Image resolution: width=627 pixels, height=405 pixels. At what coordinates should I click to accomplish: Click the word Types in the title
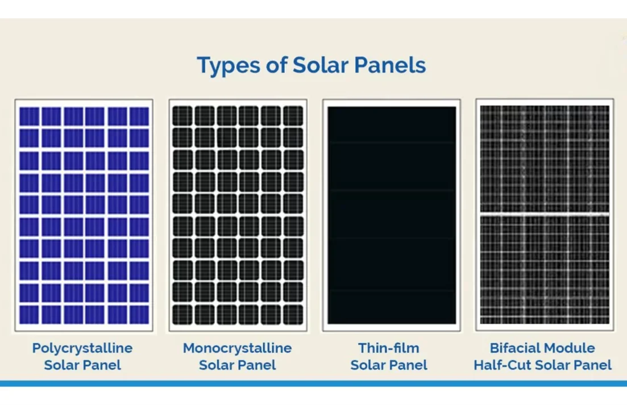tap(226, 66)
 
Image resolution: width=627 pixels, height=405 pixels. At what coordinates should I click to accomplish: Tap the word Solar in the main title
tap(319, 65)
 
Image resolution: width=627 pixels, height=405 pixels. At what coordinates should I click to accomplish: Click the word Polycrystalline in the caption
tap(82, 348)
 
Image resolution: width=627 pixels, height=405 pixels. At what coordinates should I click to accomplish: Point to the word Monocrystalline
tap(237, 348)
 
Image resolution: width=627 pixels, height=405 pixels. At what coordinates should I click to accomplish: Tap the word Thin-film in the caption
tap(389, 348)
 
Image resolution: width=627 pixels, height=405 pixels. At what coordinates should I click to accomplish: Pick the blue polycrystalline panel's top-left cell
tap(29, 116)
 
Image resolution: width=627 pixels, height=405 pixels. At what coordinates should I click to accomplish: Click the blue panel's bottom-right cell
tap(139, 314)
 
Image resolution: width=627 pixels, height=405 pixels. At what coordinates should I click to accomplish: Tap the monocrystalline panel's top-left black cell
tap(182, 116)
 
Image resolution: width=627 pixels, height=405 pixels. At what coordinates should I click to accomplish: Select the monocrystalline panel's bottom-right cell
tap(293, 315)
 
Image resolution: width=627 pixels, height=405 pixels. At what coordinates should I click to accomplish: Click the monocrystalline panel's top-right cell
tap(293, 116)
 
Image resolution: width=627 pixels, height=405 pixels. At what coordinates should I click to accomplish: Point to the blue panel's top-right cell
tap(139, 116)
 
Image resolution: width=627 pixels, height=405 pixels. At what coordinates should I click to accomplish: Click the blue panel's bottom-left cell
tap(29, 314)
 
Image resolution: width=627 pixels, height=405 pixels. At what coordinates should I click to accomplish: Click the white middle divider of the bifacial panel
tap(544, 214)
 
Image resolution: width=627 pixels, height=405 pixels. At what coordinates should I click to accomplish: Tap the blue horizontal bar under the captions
tap(313, 383)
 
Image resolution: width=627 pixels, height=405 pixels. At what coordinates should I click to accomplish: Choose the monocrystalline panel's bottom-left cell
tap(182, 315)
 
